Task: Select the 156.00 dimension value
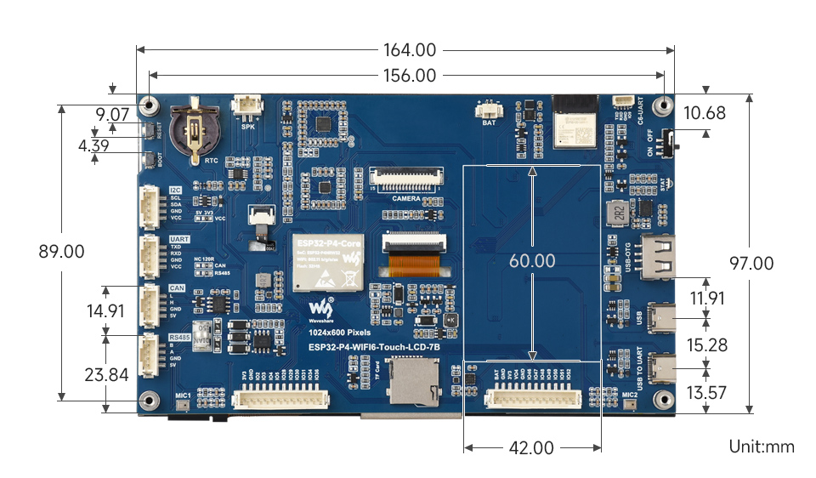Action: pos(409,76)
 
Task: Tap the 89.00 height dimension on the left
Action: pos(61,252)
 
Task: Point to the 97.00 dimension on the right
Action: pos(751,264)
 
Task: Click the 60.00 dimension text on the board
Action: pos(532,260)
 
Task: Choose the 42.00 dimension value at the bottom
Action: pos(531,447)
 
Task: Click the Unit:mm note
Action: pos(760,447)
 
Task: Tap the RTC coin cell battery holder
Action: pos(194,130)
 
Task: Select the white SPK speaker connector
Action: pos(248,108)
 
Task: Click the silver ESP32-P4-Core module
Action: pos(328,260)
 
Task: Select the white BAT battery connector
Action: pos(489,109)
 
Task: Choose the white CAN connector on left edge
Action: pos(150,303)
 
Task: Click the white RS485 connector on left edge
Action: pos(150,352)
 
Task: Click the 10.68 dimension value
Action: pos(705,112)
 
